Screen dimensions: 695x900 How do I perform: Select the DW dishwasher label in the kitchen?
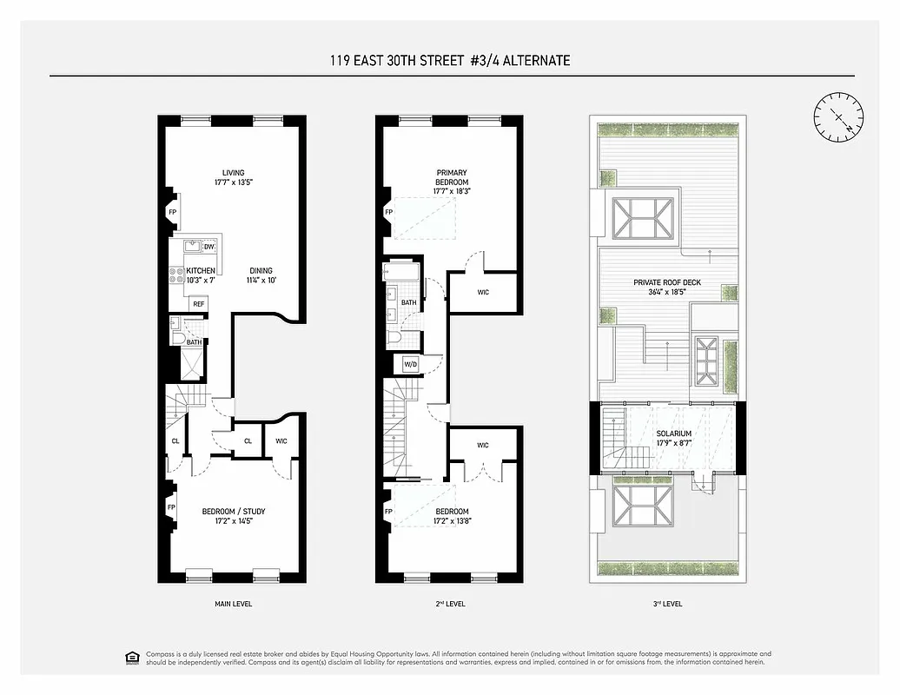point(208,248)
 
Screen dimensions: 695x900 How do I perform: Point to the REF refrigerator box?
point(199,304)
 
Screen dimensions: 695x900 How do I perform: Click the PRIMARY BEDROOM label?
point(451,182)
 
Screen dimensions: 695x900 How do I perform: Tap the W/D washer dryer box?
point(408,363)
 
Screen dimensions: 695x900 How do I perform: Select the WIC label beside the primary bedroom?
point(483,292)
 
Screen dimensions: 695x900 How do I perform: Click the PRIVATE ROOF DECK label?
point(667,288)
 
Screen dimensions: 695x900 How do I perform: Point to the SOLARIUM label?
point(674,438)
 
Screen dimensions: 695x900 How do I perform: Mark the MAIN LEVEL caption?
point(233,603)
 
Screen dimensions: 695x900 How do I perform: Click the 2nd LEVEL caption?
point(449,603)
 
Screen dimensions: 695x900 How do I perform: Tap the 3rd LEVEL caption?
point(667,603)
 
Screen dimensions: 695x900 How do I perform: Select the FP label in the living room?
point(173,212)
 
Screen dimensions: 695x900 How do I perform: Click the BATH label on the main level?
point(194,342)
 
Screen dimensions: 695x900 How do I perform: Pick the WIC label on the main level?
point(281,441)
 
